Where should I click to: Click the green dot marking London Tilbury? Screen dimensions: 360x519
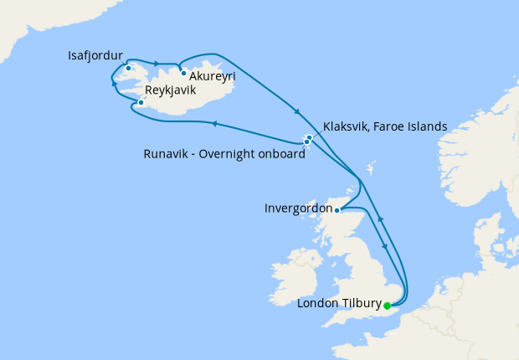coord(387,306)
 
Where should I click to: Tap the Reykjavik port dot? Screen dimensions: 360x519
coord(141,102)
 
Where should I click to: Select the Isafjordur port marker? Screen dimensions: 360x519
coord(128,68)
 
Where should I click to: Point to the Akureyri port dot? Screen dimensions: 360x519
coord(183,73)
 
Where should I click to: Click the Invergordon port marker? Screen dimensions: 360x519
coord(337,210)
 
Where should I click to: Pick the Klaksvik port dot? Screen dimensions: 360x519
coord(310,137)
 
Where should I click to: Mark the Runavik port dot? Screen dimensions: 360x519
coord(306,142)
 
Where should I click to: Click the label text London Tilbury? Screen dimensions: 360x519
coord(339,303)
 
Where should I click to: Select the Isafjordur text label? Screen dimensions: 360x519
coord(95,56)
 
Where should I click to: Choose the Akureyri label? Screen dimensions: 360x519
coord(213,76)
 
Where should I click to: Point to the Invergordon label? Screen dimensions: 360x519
coord(296,207)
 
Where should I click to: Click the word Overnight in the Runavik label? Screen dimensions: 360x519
coord(235,153)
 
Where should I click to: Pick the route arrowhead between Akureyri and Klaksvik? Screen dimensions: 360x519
coord(297,113)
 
